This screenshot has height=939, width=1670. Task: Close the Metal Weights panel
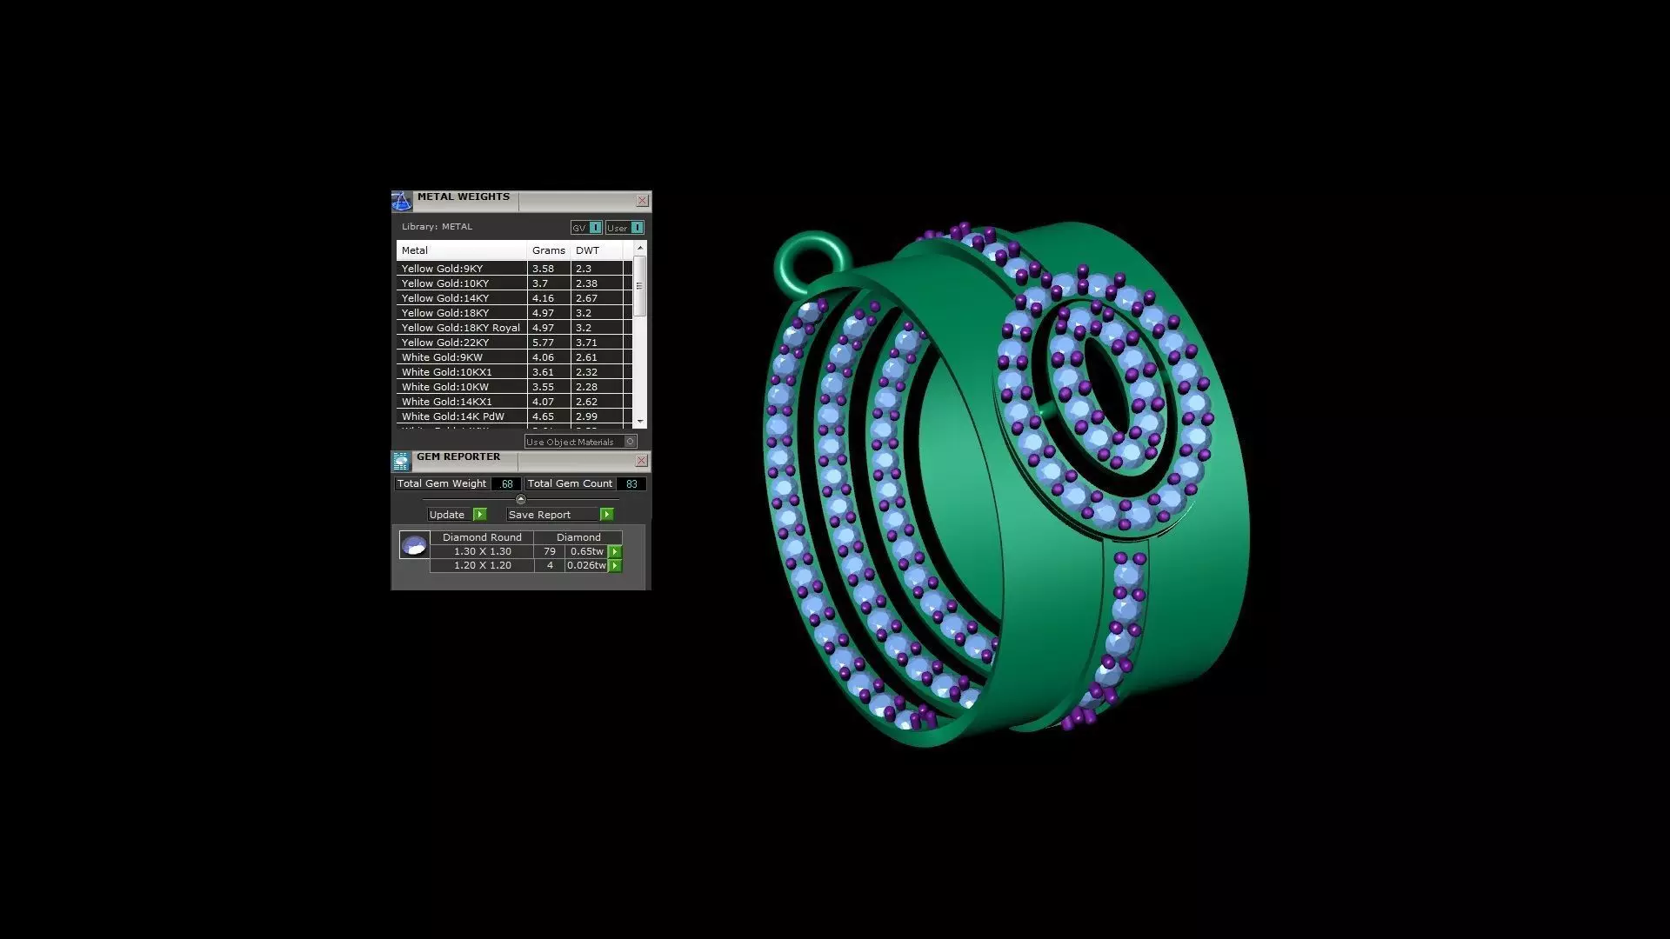(x=642, y=201)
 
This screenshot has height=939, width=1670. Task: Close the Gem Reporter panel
(x=641, y=461)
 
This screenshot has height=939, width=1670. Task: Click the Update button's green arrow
(x=479, y=515)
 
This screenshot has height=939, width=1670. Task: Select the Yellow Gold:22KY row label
(x=445, y=343)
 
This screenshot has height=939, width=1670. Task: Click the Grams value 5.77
(x=543, y=343)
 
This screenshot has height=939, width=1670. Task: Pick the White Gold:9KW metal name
(x=442, y=357)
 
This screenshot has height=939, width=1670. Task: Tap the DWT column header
(x=587, y=250)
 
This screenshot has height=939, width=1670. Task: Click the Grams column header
(x=548, y=250)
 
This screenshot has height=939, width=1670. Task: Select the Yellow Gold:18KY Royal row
(x=460, y=328)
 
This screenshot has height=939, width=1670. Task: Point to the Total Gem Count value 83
(x=631, y=484)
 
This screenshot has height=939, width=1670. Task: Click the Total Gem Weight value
(x=507, y=484)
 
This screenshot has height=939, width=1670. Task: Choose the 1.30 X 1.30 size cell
(x=482, y=551)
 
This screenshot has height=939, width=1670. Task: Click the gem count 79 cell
(x=549, y=551)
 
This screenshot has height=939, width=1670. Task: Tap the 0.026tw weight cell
(x=586, y=565)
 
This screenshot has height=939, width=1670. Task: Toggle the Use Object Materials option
(x=631, y=442)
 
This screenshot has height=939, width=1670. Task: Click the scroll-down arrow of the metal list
(x=640, y=422)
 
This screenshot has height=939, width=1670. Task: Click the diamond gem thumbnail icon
(x=414, y=545)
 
